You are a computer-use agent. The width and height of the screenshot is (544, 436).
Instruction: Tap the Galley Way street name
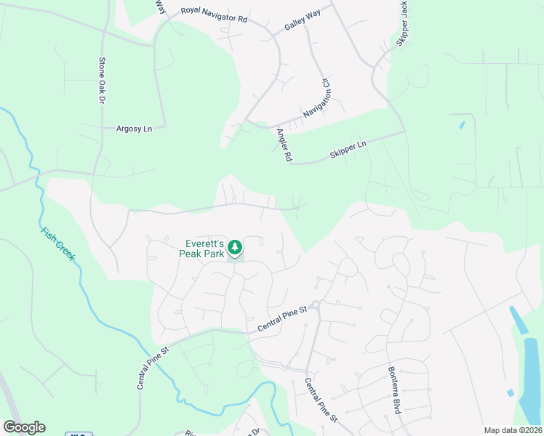[x=303, y=24]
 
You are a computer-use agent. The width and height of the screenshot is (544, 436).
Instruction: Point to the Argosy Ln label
[x=135, y=129]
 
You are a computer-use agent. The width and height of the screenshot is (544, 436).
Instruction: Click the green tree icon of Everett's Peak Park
[x=235, y=248]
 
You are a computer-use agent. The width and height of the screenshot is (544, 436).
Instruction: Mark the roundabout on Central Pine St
[x=315, y=304]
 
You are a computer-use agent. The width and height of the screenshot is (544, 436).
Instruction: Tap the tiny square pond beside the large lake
[x=511, y=393]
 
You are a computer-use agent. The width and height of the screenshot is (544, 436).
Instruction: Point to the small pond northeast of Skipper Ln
[x=462, y=125]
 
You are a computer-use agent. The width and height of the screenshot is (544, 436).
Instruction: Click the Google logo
[x=24, y=427]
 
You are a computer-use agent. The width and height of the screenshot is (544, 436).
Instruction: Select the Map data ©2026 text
[x=513, y=430]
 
